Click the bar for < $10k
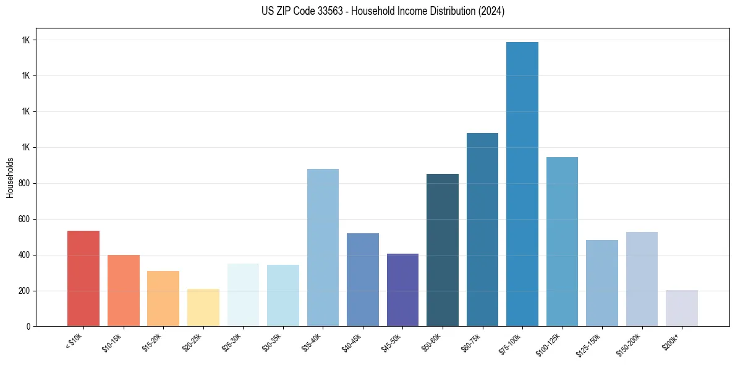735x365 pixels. (83, 278)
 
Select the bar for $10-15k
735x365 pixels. (124, 290)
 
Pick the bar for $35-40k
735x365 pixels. (323, 247)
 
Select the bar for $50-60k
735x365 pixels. (443, 250)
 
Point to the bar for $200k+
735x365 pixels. (682, 308)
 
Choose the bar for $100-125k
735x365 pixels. (562, 241)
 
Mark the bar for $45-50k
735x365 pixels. (402, 290)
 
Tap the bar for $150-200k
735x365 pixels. (642, 279)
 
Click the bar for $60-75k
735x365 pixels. (482, 230)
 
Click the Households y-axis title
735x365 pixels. (10, 178)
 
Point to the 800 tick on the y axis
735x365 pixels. (24, 184)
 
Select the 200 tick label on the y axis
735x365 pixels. (24, 291)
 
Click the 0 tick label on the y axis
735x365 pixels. (28, 327)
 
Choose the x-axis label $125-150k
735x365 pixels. (589, 343)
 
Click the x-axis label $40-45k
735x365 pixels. (352, 341)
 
